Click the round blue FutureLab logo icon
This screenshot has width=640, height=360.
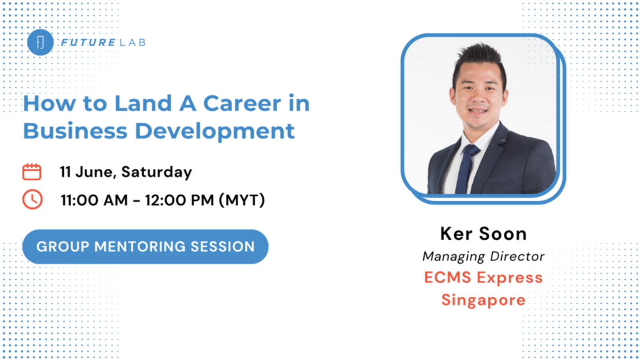[x=40, y=42]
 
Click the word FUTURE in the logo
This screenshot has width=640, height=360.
[x=88, y=42]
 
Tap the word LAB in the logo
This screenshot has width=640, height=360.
[x=133, y=42]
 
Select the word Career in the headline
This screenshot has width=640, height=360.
[x=242, y=103]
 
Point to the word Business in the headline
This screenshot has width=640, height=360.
[x=75, y=131]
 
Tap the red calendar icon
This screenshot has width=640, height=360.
[x=32, y=172]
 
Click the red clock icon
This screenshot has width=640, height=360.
[x=32, y=200]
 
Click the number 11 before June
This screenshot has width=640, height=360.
[x=65, y=172]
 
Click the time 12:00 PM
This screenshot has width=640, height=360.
[x=180, y=200]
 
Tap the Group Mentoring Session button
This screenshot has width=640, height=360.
[x=146, y=246]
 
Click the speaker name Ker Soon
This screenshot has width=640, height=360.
[x=484, y=234]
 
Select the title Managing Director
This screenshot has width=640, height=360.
[x=484, y=256]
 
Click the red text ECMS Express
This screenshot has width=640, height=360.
[x=484, y=278]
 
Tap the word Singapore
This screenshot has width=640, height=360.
[x=484, y=300]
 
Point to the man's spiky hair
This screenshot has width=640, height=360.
[x=480, y=62]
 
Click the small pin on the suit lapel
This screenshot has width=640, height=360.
[x=502, y=140]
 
